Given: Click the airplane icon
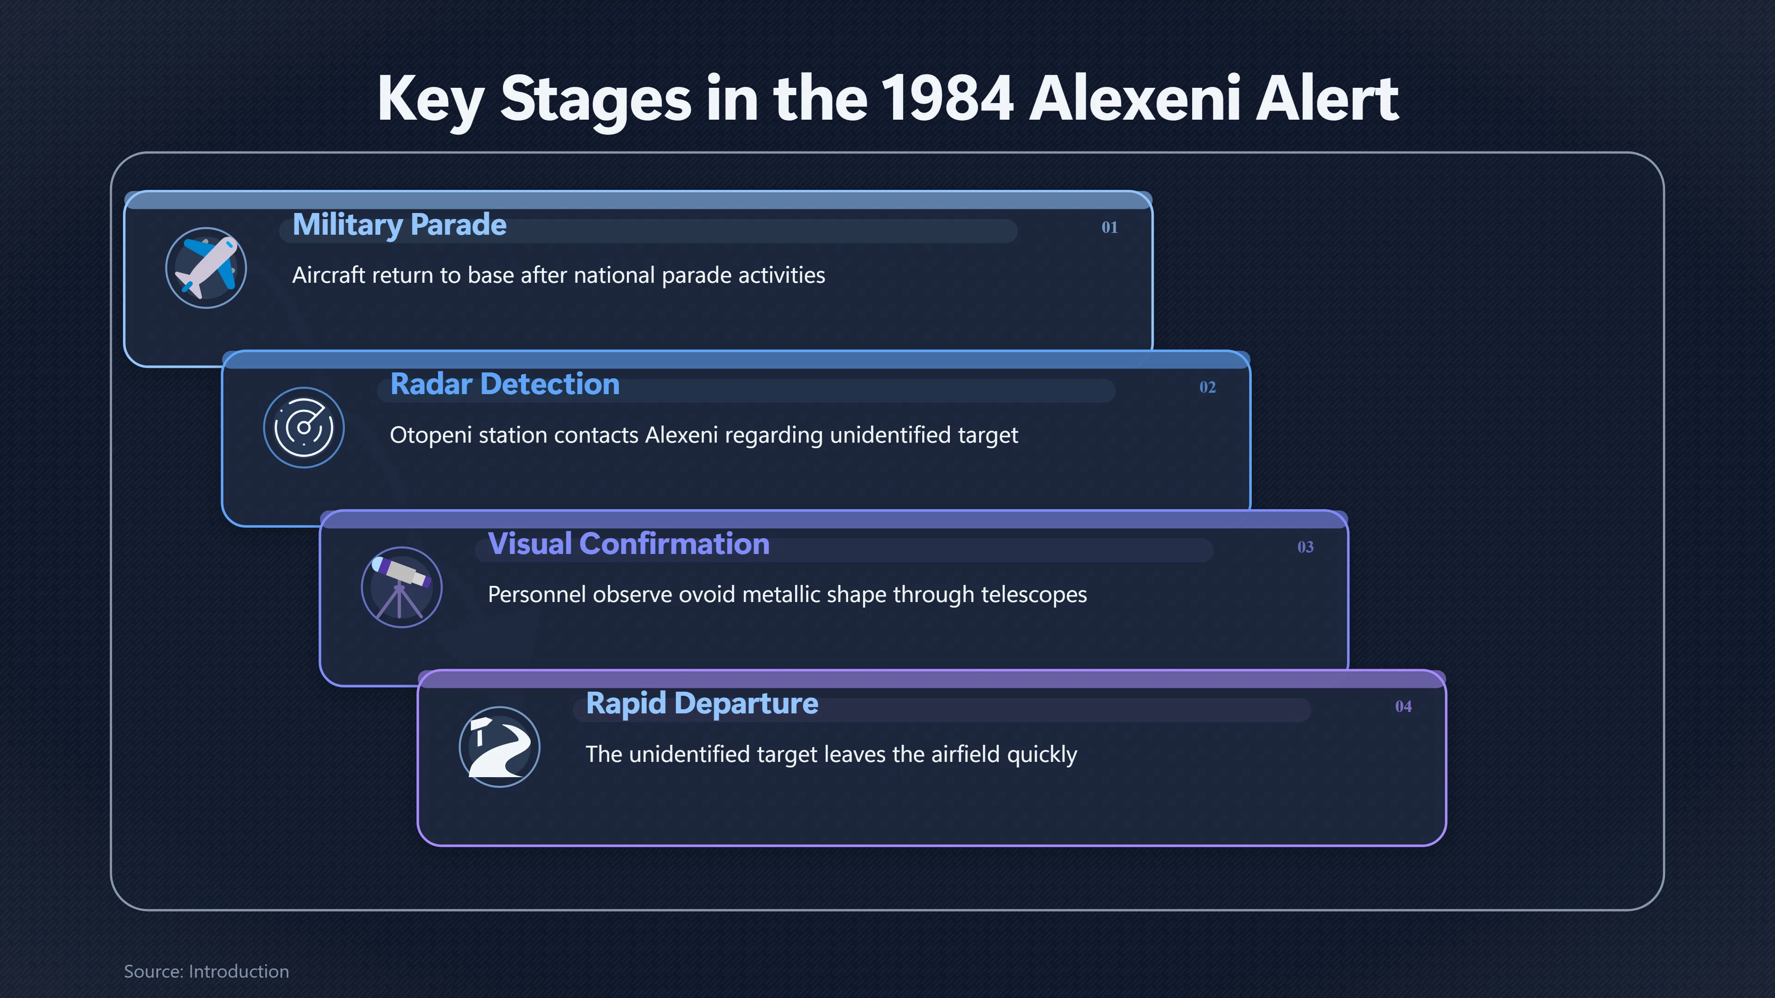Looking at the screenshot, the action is coord(206,268).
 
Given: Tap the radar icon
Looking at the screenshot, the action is coord(304,428).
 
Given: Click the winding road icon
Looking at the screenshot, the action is coord(500,747).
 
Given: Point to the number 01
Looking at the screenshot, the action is coord(1109,227).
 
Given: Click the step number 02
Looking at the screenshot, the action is coord(1207,387).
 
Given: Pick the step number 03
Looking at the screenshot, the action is coord(1305,547).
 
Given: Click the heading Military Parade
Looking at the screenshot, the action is coord(400,225).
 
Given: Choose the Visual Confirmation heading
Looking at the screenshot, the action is coord(629,544).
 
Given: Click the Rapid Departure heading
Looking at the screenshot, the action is coord(702,704).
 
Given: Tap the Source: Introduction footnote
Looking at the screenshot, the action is coord(206,971).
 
